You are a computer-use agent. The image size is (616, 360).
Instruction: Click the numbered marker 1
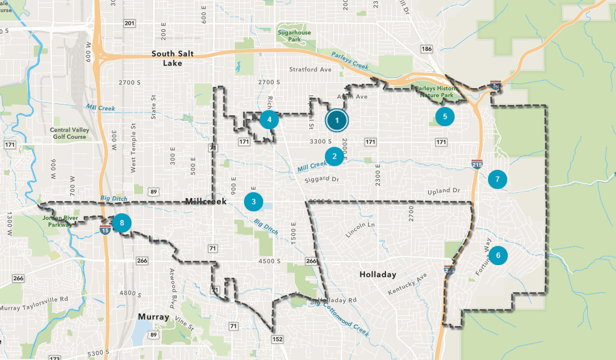(x=336, y=120)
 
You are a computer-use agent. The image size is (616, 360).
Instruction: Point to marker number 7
(x=497, y=179)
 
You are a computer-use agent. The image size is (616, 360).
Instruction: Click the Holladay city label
(x=377, y=274)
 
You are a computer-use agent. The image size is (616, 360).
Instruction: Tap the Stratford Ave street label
(x=310, y=69)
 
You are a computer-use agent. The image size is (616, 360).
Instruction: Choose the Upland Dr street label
(x=443, y=191)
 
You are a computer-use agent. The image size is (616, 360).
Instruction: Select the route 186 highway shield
(x=427, y=48)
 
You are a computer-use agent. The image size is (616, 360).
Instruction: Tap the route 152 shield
(x=277, y=340)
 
